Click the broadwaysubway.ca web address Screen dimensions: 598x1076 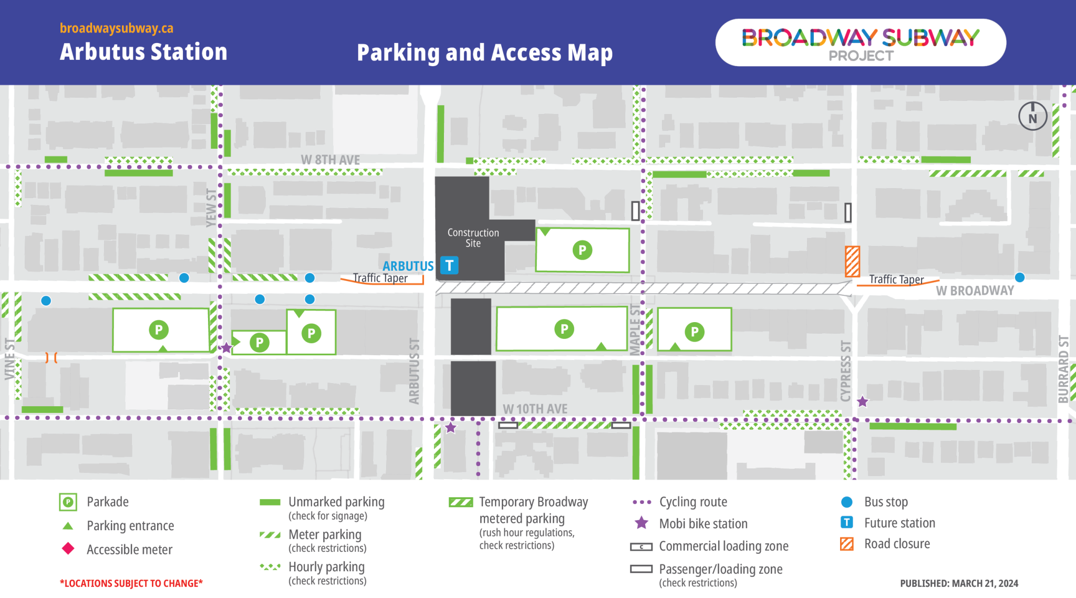point(116,28)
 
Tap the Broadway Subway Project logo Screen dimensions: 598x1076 point(860,43)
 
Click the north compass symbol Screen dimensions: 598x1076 point(1032,117)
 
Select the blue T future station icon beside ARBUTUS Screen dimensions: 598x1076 point(449,265)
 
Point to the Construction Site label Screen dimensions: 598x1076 point(473,238)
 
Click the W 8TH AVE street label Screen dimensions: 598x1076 point(330,160)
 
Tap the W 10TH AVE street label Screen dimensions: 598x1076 point(535,409)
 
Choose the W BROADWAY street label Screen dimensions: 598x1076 point(975,291)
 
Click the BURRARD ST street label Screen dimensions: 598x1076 point(1063,369)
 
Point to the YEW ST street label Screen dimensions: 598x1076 point(211,208)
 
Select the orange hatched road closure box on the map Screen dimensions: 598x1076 point(852,261)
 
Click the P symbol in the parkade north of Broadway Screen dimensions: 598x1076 point(582,250)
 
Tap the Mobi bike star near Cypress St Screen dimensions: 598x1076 point(862,402)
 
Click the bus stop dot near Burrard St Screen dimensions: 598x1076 point(1020,277)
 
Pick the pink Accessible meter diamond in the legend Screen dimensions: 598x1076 point(68,549)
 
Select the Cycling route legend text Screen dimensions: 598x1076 point(693,502)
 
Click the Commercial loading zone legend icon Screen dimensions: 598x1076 point(641,547)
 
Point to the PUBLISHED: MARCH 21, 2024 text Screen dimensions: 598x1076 point(959,583)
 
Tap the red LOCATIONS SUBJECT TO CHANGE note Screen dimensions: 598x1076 point(131,583)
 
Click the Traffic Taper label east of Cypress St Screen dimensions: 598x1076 point(896,280)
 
